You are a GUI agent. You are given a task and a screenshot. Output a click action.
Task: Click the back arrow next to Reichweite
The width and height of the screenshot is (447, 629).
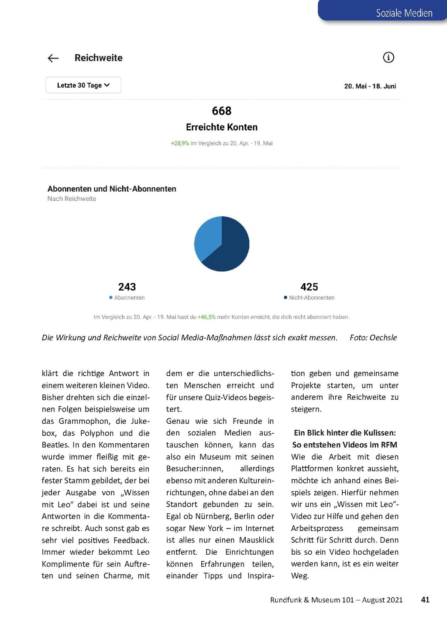[x=53, y=58]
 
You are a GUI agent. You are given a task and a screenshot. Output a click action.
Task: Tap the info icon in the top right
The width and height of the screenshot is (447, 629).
[x=388, y=57]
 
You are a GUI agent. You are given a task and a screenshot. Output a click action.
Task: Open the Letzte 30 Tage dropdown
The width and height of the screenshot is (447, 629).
[x=83, y=85]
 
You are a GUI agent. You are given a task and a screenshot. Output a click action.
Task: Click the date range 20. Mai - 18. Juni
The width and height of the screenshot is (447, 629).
[x=370, y=86]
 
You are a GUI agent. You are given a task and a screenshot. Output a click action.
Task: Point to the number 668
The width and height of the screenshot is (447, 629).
[x=221, y=111]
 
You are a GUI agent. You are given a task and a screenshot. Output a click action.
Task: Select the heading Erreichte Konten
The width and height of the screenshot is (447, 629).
[x=221, y=127]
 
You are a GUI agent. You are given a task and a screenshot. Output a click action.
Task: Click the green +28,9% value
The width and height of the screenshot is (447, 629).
[x=180, y=143]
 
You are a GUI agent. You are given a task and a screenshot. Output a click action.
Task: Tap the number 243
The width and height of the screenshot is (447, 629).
[x=127, y=287]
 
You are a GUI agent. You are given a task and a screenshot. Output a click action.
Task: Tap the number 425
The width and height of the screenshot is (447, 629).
[x=309, y=287]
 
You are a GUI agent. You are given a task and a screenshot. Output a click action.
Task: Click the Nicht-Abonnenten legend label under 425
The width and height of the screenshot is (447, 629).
[x=311, y=298]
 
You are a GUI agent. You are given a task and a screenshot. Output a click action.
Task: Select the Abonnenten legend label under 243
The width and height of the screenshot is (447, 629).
[x=129, y=298]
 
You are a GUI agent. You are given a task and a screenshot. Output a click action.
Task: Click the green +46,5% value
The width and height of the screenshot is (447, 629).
[x=206, y=317]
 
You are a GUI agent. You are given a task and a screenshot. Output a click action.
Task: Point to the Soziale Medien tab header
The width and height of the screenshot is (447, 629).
[x=404, y=13]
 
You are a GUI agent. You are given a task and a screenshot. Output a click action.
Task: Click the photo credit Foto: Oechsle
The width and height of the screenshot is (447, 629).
[x=373, y=338]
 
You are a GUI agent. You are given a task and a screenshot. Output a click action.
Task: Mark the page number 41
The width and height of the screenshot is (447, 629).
[x=425, y=600]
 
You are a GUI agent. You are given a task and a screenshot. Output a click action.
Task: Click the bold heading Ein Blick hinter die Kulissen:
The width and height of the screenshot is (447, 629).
[x=345, y=433]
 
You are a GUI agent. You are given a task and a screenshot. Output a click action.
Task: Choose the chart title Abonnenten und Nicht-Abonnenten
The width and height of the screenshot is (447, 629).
[x=112, y=189]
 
